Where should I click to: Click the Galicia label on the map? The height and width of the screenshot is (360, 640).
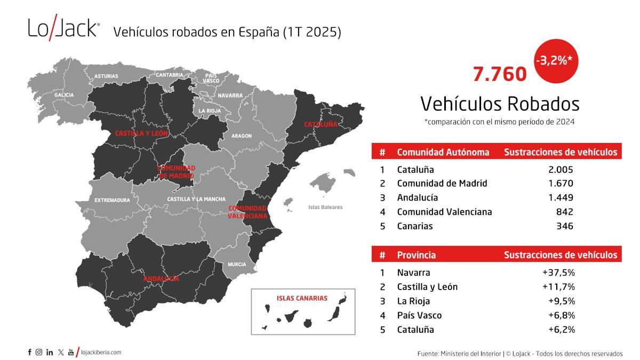pos(64,95)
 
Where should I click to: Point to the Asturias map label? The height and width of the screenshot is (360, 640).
pos(106,76)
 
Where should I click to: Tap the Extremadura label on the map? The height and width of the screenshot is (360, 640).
pos(112,201)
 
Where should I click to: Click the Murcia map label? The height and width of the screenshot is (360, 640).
pos(237,265)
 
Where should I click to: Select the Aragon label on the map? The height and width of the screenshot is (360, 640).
pos(242,136)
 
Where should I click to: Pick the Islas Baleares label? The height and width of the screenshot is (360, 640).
pos(325,207)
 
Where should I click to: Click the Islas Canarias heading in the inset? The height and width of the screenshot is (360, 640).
pos(302,298)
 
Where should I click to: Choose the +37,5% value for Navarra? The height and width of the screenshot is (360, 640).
pos(558,273)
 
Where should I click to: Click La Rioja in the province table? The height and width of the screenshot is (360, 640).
pos(413,301)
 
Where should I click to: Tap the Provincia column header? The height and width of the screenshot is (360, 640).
pos(416,255)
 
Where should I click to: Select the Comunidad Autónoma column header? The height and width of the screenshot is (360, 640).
pos(443,153)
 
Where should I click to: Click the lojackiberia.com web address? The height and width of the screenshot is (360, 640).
pos(101,352)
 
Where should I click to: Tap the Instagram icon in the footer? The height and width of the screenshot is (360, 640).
pos(39,352)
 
